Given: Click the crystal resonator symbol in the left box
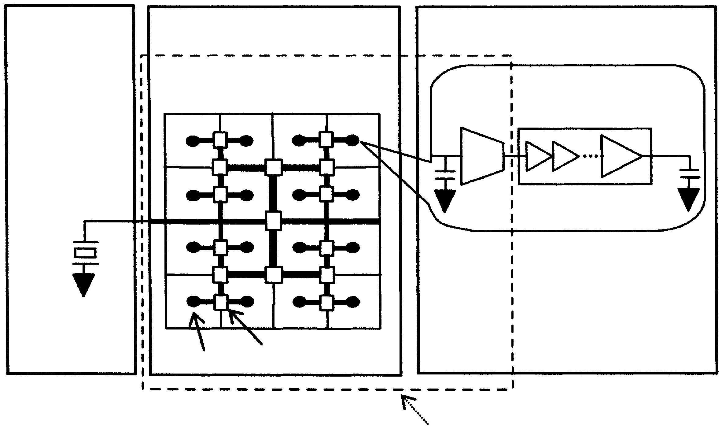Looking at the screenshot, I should (x=85, y=253).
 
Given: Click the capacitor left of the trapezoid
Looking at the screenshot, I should (x=445, y=175).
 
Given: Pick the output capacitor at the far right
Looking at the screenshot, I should (x=689, y=173).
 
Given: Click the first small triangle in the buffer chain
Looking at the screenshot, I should (x=538, y=156).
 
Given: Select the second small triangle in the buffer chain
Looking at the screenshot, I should (x=565, y=156).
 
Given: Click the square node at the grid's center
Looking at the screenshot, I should (x=273, y=221).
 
